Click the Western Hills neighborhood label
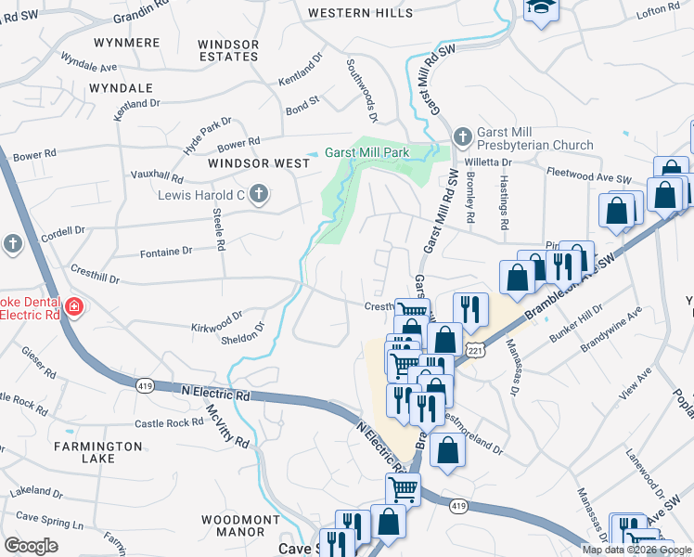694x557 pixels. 360,13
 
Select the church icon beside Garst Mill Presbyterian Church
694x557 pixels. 463,137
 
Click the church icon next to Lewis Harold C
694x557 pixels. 259,194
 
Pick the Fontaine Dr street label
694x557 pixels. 165,251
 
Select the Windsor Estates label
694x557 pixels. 228,50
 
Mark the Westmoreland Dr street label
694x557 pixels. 470,435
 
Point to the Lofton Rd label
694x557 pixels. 660,9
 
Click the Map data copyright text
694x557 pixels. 636,550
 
